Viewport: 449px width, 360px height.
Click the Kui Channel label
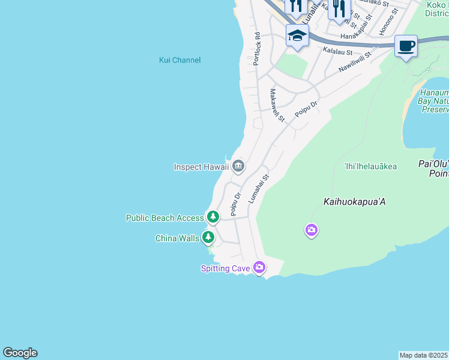pos(179,60)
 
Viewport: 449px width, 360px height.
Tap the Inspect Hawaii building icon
pos(238,166)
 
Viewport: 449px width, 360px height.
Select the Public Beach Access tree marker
pos(212,217)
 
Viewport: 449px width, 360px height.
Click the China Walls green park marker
pos(208,237)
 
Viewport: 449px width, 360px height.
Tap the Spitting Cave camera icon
pos(259,267)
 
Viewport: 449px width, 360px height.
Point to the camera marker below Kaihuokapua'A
pos(311,229)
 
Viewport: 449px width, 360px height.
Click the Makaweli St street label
pos(277,106)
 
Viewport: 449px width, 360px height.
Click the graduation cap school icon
pos(297,35)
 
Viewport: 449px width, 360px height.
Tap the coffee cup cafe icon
pos(406,46)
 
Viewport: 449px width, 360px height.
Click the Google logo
pos(20,353)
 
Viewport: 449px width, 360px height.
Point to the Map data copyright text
pos(424,355)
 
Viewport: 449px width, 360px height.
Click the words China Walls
pos(177,238)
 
